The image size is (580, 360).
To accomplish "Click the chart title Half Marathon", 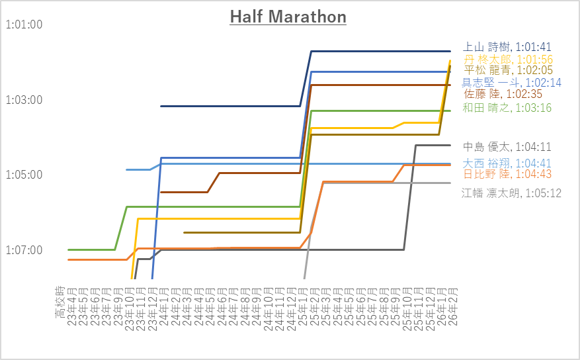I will click(288, 17).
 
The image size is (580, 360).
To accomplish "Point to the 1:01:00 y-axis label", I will click(24, 25).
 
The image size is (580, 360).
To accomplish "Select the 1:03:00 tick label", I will click(24, 100).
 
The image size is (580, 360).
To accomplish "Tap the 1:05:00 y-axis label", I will click(24, 175).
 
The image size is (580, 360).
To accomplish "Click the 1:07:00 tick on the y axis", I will click(24, 250).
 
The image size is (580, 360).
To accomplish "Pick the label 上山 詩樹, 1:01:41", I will click(507, 47).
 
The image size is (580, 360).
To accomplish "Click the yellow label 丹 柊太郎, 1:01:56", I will click(507, 59).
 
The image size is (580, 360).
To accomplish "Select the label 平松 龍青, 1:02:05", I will click(507, 70).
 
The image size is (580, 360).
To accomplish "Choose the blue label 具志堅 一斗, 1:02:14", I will click(511, 83).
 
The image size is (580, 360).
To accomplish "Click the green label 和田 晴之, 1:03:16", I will click(507, 107).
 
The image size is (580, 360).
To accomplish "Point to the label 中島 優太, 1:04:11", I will click(507, 147).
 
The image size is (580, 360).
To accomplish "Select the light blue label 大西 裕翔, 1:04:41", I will click(507, 163).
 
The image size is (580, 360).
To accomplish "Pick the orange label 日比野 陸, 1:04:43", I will click(507, 174).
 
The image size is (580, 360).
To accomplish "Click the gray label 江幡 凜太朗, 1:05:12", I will click(511, 193).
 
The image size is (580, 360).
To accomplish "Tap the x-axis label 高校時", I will click(60, 301).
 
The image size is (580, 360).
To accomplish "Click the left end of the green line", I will click(69, 249).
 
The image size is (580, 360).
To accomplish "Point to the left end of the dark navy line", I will click(161, 106).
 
